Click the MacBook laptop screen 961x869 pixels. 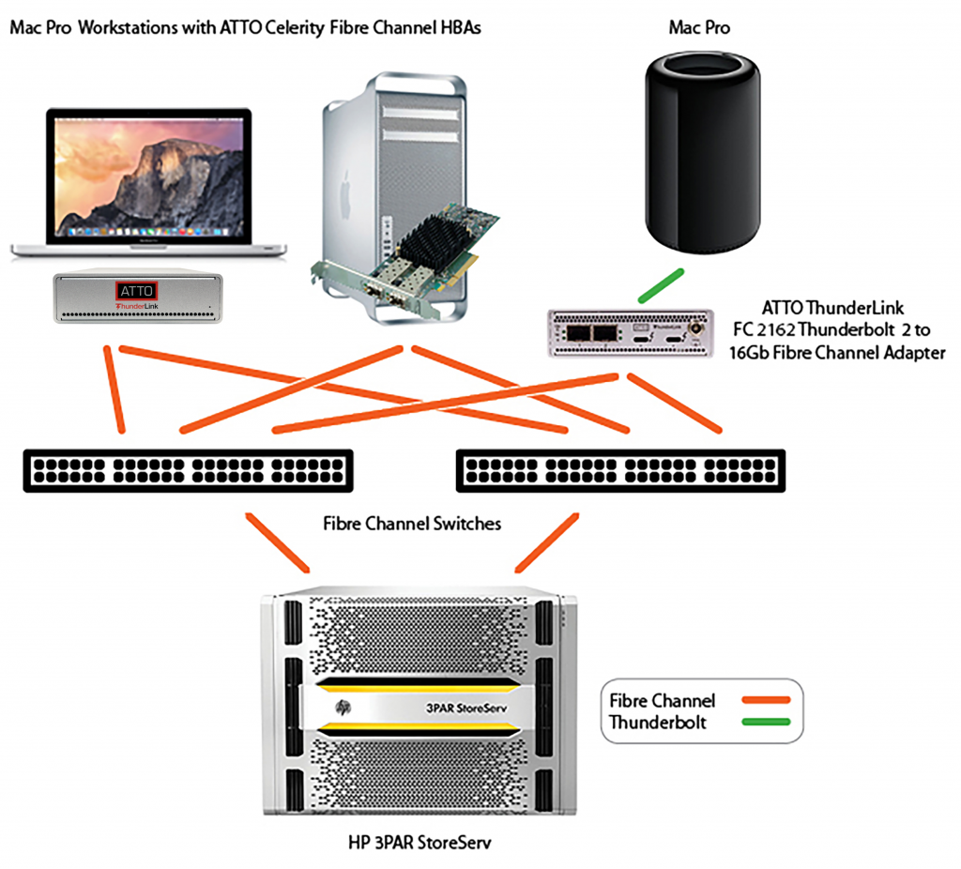point(151,175)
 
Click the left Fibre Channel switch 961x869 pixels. point(188,470)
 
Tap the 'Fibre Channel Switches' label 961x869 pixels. point(412,523)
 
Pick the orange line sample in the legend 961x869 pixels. point(764,700)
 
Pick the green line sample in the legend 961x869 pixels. point(764,722)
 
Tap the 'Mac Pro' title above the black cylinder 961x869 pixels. point(699,28)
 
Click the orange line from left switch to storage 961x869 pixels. point(278,542)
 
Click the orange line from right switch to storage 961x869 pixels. point(546,541)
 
